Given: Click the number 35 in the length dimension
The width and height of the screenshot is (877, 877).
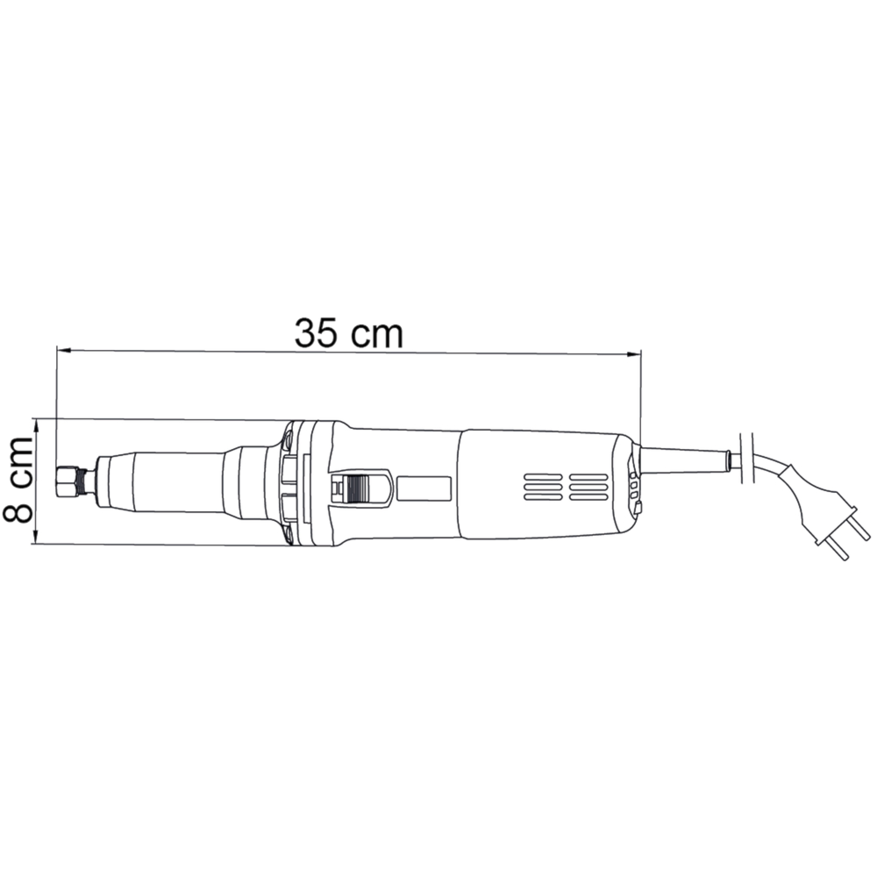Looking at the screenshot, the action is point(316,333).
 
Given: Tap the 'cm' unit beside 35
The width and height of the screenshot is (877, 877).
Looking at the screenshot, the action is point(376,337).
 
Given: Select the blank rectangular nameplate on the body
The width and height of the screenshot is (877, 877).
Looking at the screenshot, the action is point(424,488).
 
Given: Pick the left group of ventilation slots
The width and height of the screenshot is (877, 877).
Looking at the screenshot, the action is point(543,487).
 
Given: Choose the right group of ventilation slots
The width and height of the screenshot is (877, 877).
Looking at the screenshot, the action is point(588,487).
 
